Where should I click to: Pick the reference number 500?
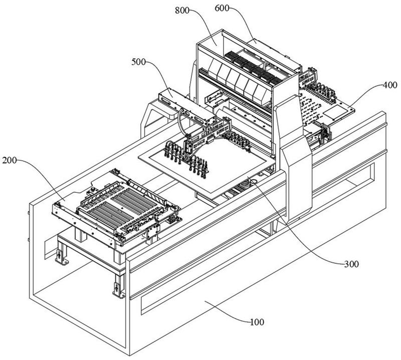tap(138, 63)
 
